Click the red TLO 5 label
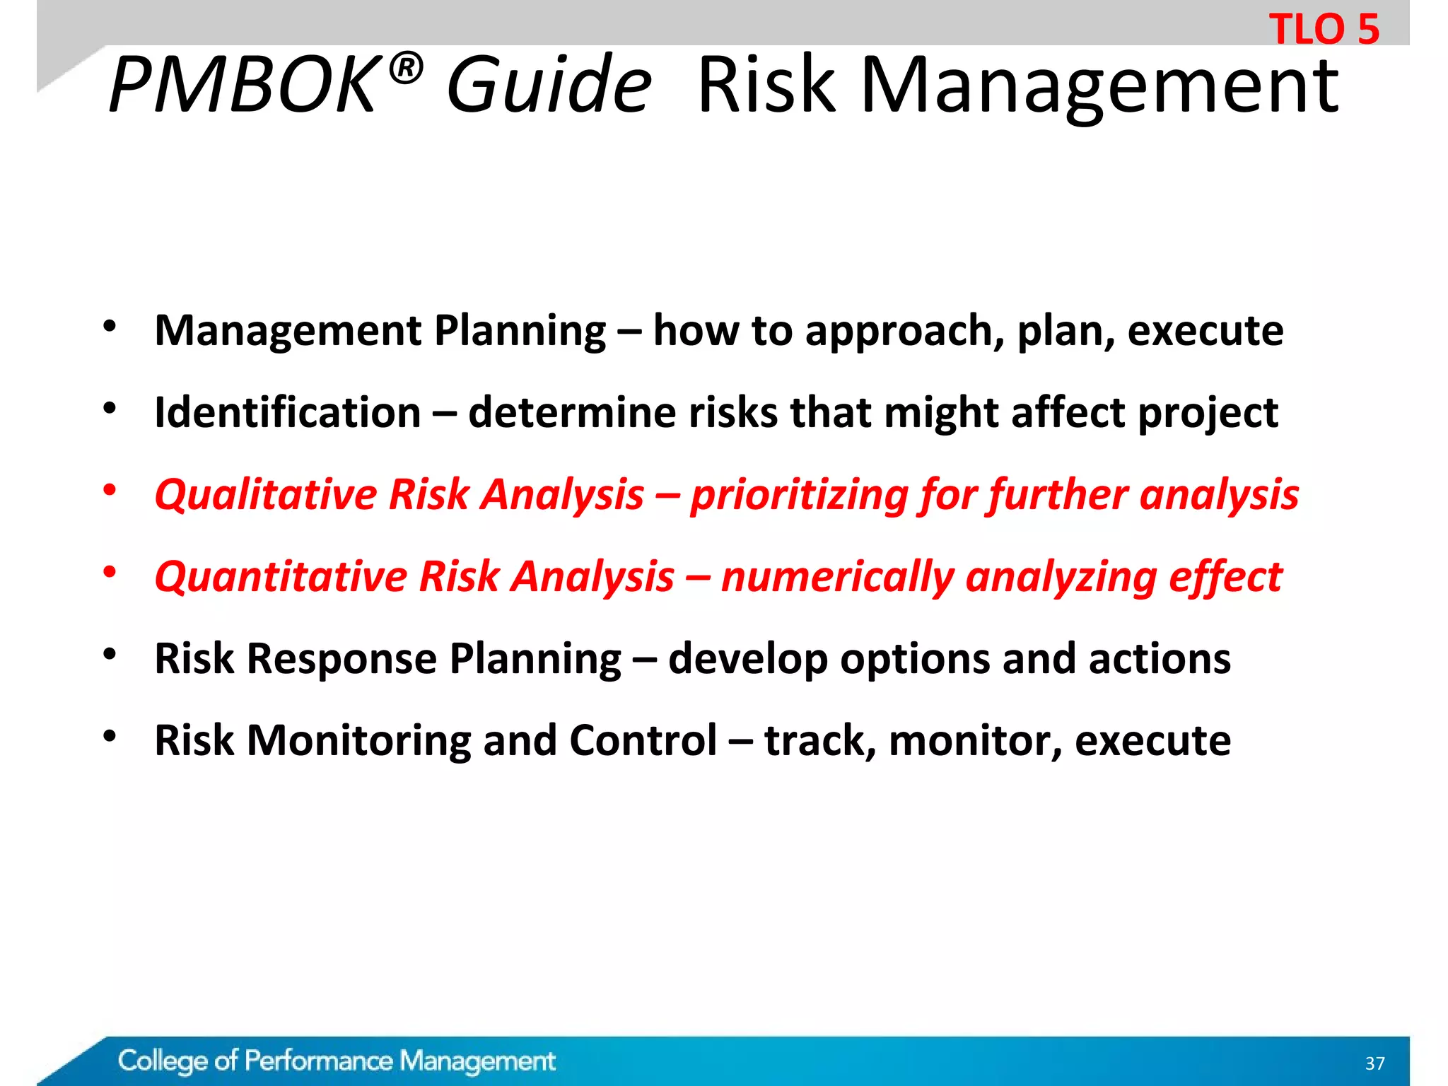pyautogui.click(x=1324, y=30)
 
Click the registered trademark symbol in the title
pyautogui.click(x=405, y=69)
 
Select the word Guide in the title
pyautogui.click(x=549, y=86)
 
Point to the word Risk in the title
pyautogui.click(x=766, y=86)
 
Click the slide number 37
pyautogui.click(x=1374, y=1063)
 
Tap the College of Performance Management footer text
pyautogui.click(x=337, y=1061)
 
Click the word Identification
pyautogui.click(x=288, y=412)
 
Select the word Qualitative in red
pyautogui.click(x=266, y=494)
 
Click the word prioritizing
pyautogui.click(x=798, y=494)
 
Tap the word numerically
pyautogui.click(x=837, y=576)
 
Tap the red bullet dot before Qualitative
pyautogui.click(x=109, y=489)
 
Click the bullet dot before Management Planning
pyautogui.click(x=109, y=326)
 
